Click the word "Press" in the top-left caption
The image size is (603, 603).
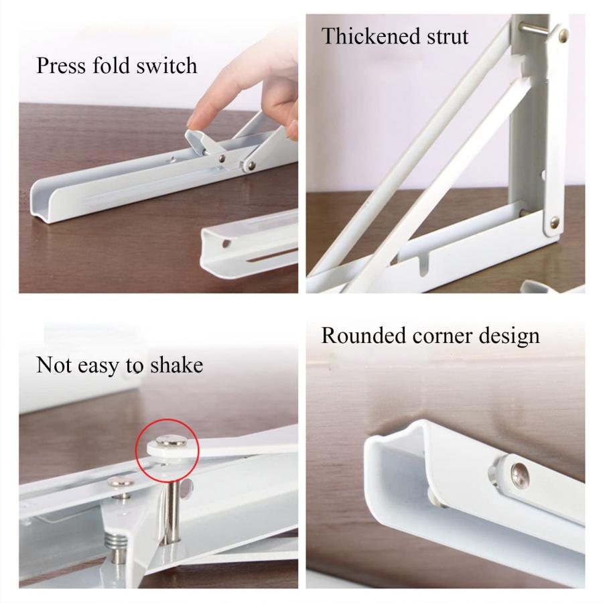coord(61,66)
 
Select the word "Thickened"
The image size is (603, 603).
coord(371,36)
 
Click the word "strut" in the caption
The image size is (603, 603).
coord(448,37)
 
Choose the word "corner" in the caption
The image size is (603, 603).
coord(442,337)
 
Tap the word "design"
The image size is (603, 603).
coord(509,336)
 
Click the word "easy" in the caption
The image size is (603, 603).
coord(98,366)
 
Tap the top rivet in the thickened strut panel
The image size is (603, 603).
coord(562,36)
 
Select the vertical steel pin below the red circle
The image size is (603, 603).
coord(170,511)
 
